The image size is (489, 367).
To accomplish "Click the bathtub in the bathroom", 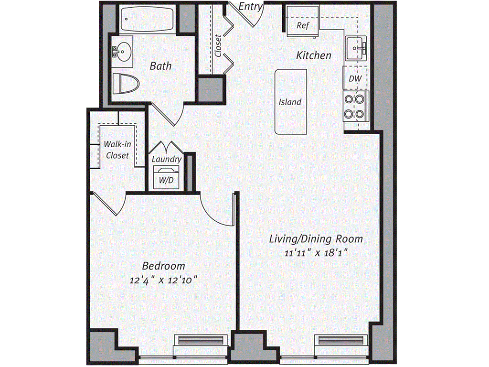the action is pyautogui.click(x=147, y=19).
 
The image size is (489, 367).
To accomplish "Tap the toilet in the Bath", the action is pyautogui.click(x=126, y=84).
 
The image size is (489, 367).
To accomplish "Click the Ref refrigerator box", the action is pyautogui.click(x=303, y=22).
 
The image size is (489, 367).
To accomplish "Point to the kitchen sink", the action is pyautogui.click(x=355, y=48).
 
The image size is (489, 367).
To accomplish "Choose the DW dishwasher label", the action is pyautogui.click(x=355, y=78).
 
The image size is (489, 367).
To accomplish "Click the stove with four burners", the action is pyautogui.click(x=356, y=107).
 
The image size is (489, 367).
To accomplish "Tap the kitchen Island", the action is pyautogui.click(x=290, y=102).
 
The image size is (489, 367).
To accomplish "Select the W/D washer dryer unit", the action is pyautogui.click(x=166, y=177).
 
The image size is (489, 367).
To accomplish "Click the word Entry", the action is pyautogui.click(x=251, y=6).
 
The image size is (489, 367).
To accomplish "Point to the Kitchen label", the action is pyautogui.click(x=313, y=55).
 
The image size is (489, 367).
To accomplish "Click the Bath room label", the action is pyautogui.click(x=160, y=66).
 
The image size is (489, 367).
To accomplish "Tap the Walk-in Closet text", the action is pyautogui.click(x=117, y=150).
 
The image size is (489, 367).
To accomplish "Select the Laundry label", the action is pyautogui.click(x=167, y=159).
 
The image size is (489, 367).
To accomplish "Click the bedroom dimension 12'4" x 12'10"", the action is pyautogui.click(x=164, y=280).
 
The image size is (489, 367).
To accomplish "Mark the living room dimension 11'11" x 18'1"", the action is pyautogui.click(x=316, y=252).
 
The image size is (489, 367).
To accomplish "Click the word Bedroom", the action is pyautogui.click(x=163, y=266).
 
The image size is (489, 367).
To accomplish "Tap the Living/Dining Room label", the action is pyautogui.click(x=316, y=239).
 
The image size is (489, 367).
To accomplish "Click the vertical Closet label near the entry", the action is pyautogui.click(x=218, y=45).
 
